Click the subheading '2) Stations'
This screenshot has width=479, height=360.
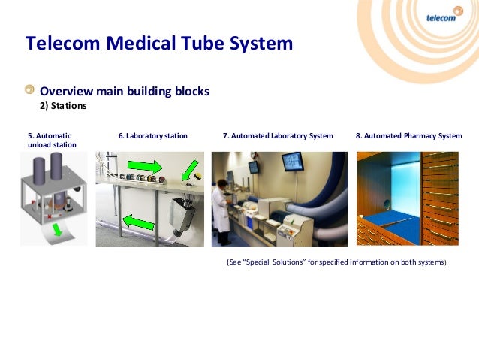coord(63,106)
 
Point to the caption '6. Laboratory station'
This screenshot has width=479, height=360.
coord(152,136)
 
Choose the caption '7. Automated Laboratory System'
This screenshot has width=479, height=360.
coord(278,136)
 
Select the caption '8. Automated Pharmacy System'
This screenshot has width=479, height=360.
coord(408,136)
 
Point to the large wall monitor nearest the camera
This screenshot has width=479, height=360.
coord(292,162)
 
